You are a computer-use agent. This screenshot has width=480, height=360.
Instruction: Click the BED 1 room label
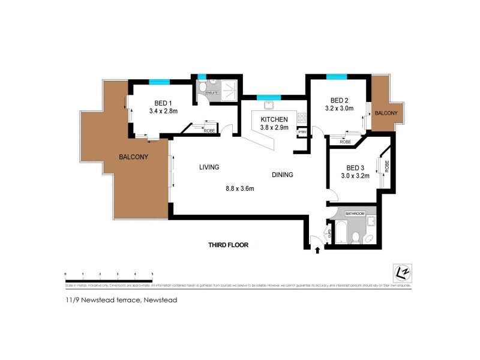pos(160,101)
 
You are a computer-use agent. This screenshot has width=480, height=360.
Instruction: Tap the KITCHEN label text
pos(274,119)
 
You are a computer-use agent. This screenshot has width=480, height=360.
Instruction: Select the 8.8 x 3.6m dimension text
pos(240,188)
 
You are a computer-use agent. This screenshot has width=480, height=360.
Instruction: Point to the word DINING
pos(282,175)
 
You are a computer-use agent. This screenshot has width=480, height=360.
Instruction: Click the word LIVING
pos(209,167)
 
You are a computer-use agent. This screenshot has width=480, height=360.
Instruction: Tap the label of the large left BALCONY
pos(133,157)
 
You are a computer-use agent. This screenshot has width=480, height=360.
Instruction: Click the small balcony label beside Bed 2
pos(385,113)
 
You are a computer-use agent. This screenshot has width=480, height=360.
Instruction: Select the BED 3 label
pos(356,167)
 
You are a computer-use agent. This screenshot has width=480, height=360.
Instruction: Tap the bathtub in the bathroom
pos(341,232)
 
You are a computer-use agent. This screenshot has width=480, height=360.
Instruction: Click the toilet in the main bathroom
pos(356,237)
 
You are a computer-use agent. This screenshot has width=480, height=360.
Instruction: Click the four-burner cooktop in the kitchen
pos(302,119)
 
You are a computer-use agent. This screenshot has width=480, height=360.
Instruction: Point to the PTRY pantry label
pos(302,132)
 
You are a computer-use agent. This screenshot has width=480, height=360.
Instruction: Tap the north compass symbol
pos(401,271)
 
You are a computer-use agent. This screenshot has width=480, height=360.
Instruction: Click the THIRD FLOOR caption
pos(228,245)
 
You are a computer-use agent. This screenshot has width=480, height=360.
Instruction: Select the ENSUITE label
pos(211,93)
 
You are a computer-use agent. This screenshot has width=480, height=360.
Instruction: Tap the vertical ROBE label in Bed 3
pos(388,166)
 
